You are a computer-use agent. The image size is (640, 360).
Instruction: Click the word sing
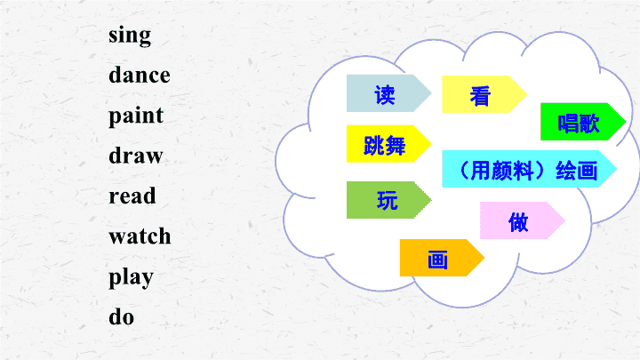(x=130, y=36)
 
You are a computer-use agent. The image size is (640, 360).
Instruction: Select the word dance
(x=140, y=75)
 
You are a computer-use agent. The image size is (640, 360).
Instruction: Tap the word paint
(x=136, y=116)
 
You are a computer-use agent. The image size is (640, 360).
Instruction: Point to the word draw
(x=135, y=155)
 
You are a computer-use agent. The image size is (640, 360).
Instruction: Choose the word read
(x=132, y=196)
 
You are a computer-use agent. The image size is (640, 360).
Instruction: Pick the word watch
(x=140, y=236)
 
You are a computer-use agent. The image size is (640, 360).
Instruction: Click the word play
(x=131, y=278)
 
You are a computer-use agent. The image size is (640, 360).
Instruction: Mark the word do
(x=121, y=316)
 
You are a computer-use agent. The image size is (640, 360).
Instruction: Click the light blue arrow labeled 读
(x=388, y=93)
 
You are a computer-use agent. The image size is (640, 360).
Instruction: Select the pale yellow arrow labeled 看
(x=484, y=94)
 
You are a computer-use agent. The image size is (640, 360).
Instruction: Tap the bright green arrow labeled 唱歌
(x=582, y=122)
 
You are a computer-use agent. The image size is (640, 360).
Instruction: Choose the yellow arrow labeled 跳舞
(x=388, y=144)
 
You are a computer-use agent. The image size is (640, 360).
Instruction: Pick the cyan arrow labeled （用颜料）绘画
(x=529, y=169)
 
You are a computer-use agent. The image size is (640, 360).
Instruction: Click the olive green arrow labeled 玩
(x=388, y=200)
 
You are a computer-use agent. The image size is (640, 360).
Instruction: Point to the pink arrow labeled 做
(x=522, y=220)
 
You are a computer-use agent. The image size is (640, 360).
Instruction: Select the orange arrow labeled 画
(x=442, y=258)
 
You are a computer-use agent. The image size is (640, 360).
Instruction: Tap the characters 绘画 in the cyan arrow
(x=576, y=171)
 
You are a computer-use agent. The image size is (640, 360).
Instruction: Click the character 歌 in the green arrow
(x=589, y=124)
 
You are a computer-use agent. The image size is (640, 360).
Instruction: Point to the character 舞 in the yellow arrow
(x=395, y=146)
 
